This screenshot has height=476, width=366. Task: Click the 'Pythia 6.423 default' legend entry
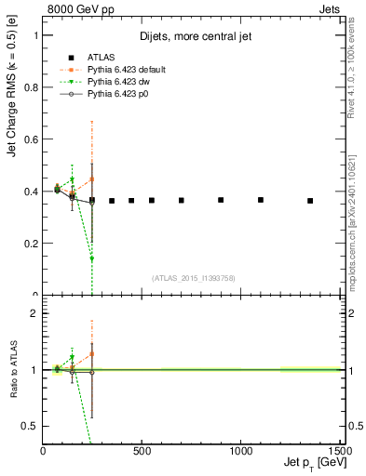click(x=117, y=68)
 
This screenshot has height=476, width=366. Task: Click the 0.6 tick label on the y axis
click(x=31, y=139)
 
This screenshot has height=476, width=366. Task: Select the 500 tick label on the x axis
click(x=142, y=452)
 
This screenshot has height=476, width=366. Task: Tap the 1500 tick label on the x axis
click(x=339, y=452)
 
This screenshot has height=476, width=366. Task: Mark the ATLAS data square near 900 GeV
click(x=221, y=200)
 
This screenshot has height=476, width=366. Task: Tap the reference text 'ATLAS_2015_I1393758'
click(x=193, y=278)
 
